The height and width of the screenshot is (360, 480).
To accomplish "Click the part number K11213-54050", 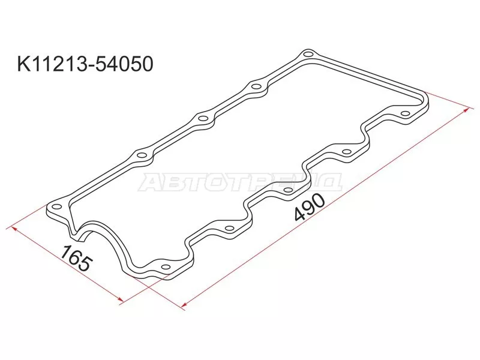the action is (x=85, y=64).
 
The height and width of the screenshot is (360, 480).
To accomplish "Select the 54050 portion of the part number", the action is (x=124, y=64).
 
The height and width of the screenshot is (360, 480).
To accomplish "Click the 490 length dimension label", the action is (x=309, y=208).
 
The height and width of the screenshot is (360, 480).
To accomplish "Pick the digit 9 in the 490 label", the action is (x=309, y=208).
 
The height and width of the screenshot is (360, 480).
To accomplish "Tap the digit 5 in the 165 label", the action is (x=85, y=265).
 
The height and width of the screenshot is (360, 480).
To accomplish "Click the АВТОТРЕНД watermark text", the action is (x=240, y=182).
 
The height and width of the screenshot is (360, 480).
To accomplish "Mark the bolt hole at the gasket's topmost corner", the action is (x=307, y=55).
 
